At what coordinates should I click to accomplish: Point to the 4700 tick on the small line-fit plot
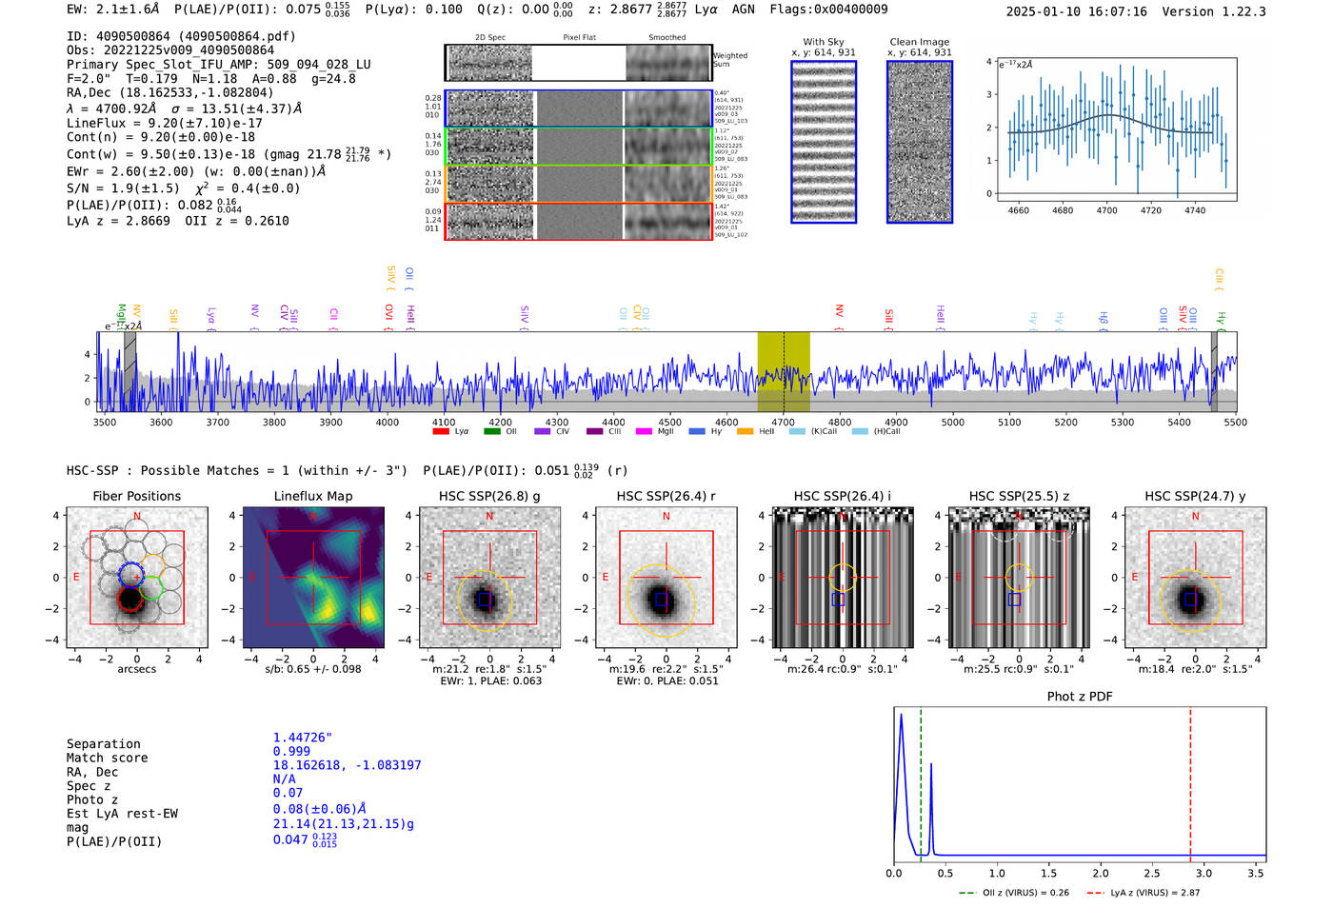tap(1106, 210)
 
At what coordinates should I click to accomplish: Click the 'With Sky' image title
tap(823, 42)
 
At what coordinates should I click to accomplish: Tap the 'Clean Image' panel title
tap(919, 42)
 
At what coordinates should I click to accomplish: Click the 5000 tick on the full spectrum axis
tap(952, 423)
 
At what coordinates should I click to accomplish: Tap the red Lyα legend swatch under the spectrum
tap(441, 432)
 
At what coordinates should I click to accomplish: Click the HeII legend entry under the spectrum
tap(766, 432)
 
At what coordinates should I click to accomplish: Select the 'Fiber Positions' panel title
tap(136, 496)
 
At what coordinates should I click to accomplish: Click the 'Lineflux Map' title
tap(312, 496)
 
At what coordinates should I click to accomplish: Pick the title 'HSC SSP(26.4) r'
tap(666, 496)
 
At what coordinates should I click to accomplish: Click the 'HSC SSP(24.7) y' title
tap(1195, 496)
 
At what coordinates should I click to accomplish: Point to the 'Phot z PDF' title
tap(1079, 697)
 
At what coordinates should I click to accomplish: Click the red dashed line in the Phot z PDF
tap(1190, 780)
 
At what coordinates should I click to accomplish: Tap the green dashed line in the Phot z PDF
tap(921, 780)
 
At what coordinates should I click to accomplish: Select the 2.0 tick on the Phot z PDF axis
tap(1100, 873)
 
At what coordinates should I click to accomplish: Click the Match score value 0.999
tap(291, 751)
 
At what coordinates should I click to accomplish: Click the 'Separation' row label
tap(103, 744)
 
